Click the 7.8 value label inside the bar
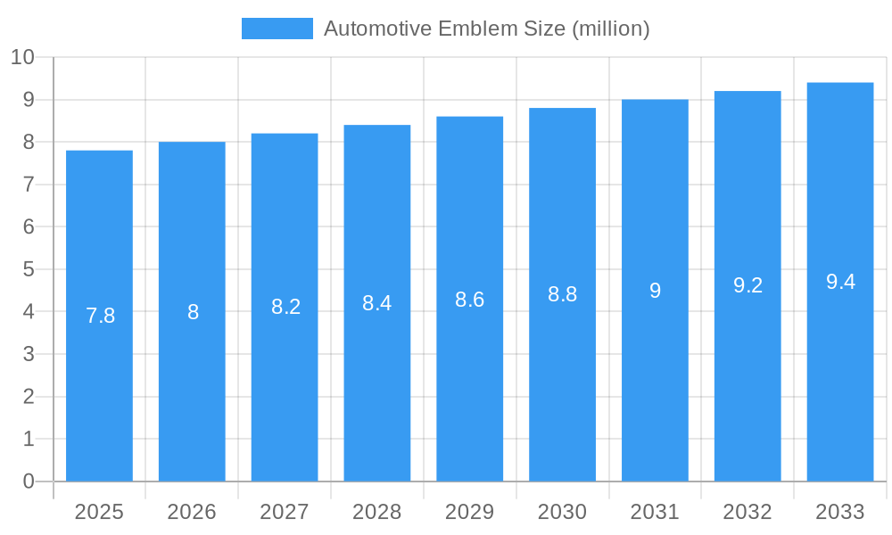pyautogui.click(x=100, y=316)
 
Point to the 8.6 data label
pyautogui.click(x=469, y=300)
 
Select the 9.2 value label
pyautogui.click(x=747, y=285)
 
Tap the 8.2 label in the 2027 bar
pyautogui.click(x=285, y=307)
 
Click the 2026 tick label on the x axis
pyautogui.click(x=192, y=512)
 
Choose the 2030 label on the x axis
pyautogui.click(x=562, y=512)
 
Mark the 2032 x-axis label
pyautogui.click(x=747, y=512)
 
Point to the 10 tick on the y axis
pyautogui.click(x=22, y=58)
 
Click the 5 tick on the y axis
pyautogui.click(x=29, y=269)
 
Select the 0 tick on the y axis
pyautogui.click(x=29, y=481)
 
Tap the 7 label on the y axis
pyautogui.click(x=29, y=185)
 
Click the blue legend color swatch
pyautogui.click(x=277, y=29)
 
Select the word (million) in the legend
pyautogui.click(x=610, y=29)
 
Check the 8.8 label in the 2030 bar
pyautogui.click(x=562, y=294)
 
